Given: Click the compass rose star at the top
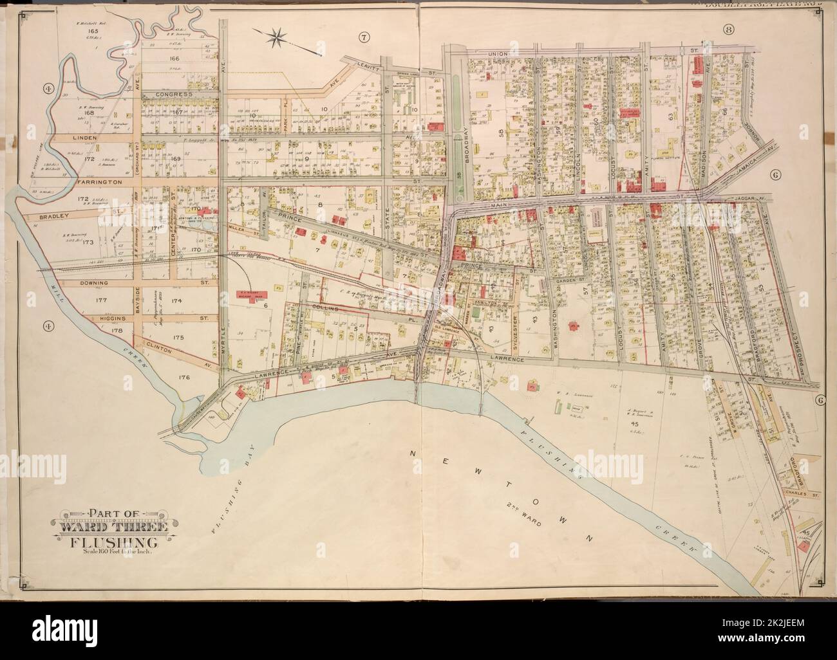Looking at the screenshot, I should (x=278, y=35).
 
